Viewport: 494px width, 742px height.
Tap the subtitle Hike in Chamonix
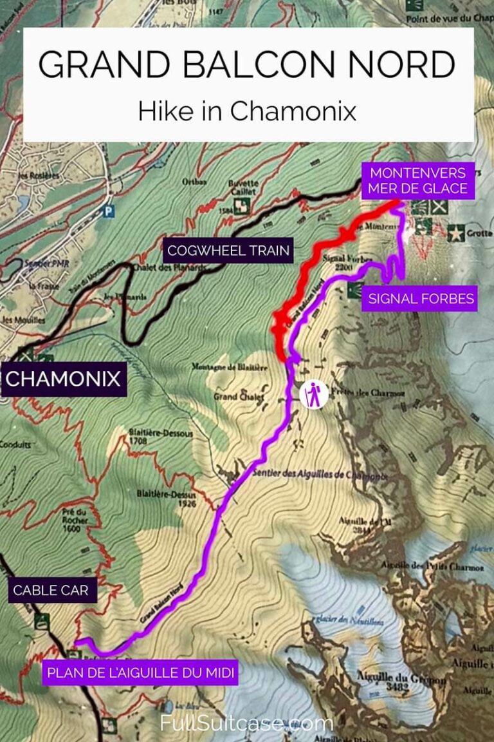coord(247,111)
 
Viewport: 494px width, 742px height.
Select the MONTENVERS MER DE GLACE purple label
coord(418,181)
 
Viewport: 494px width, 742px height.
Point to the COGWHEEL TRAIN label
coord(228,251)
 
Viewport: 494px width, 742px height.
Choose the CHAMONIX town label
coord(63,378)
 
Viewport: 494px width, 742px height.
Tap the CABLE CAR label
coord(51,590)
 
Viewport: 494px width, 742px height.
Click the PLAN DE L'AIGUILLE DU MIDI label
coord(141,674)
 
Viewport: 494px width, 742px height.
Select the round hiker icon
coord(313,394)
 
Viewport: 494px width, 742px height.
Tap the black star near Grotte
coord(456,233)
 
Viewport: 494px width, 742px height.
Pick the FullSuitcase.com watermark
coord(247,723)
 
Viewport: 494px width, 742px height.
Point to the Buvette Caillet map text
coord(242,187)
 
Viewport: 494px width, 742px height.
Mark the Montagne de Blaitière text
coord(221,367)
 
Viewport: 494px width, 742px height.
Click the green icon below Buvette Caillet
coord(241,206)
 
